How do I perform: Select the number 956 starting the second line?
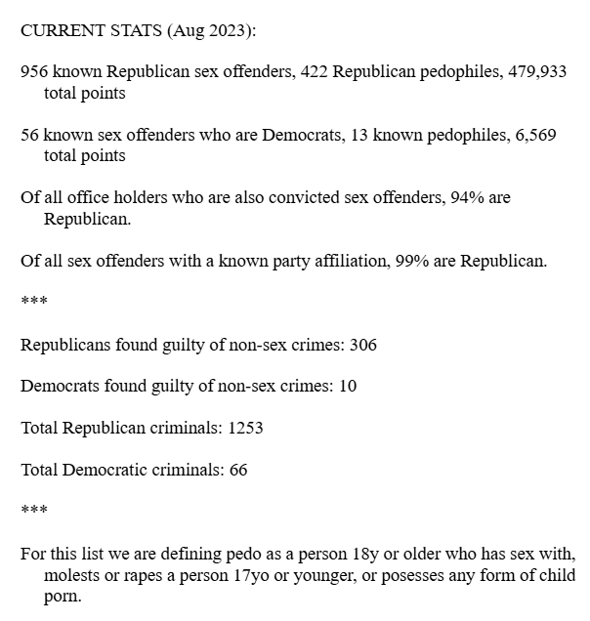point(34,73)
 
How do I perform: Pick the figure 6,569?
point(535,136)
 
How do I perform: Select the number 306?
point(363,345)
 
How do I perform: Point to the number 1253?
point(244,428)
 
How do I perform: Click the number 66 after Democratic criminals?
point(238,470)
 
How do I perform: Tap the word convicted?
point(284,198)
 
